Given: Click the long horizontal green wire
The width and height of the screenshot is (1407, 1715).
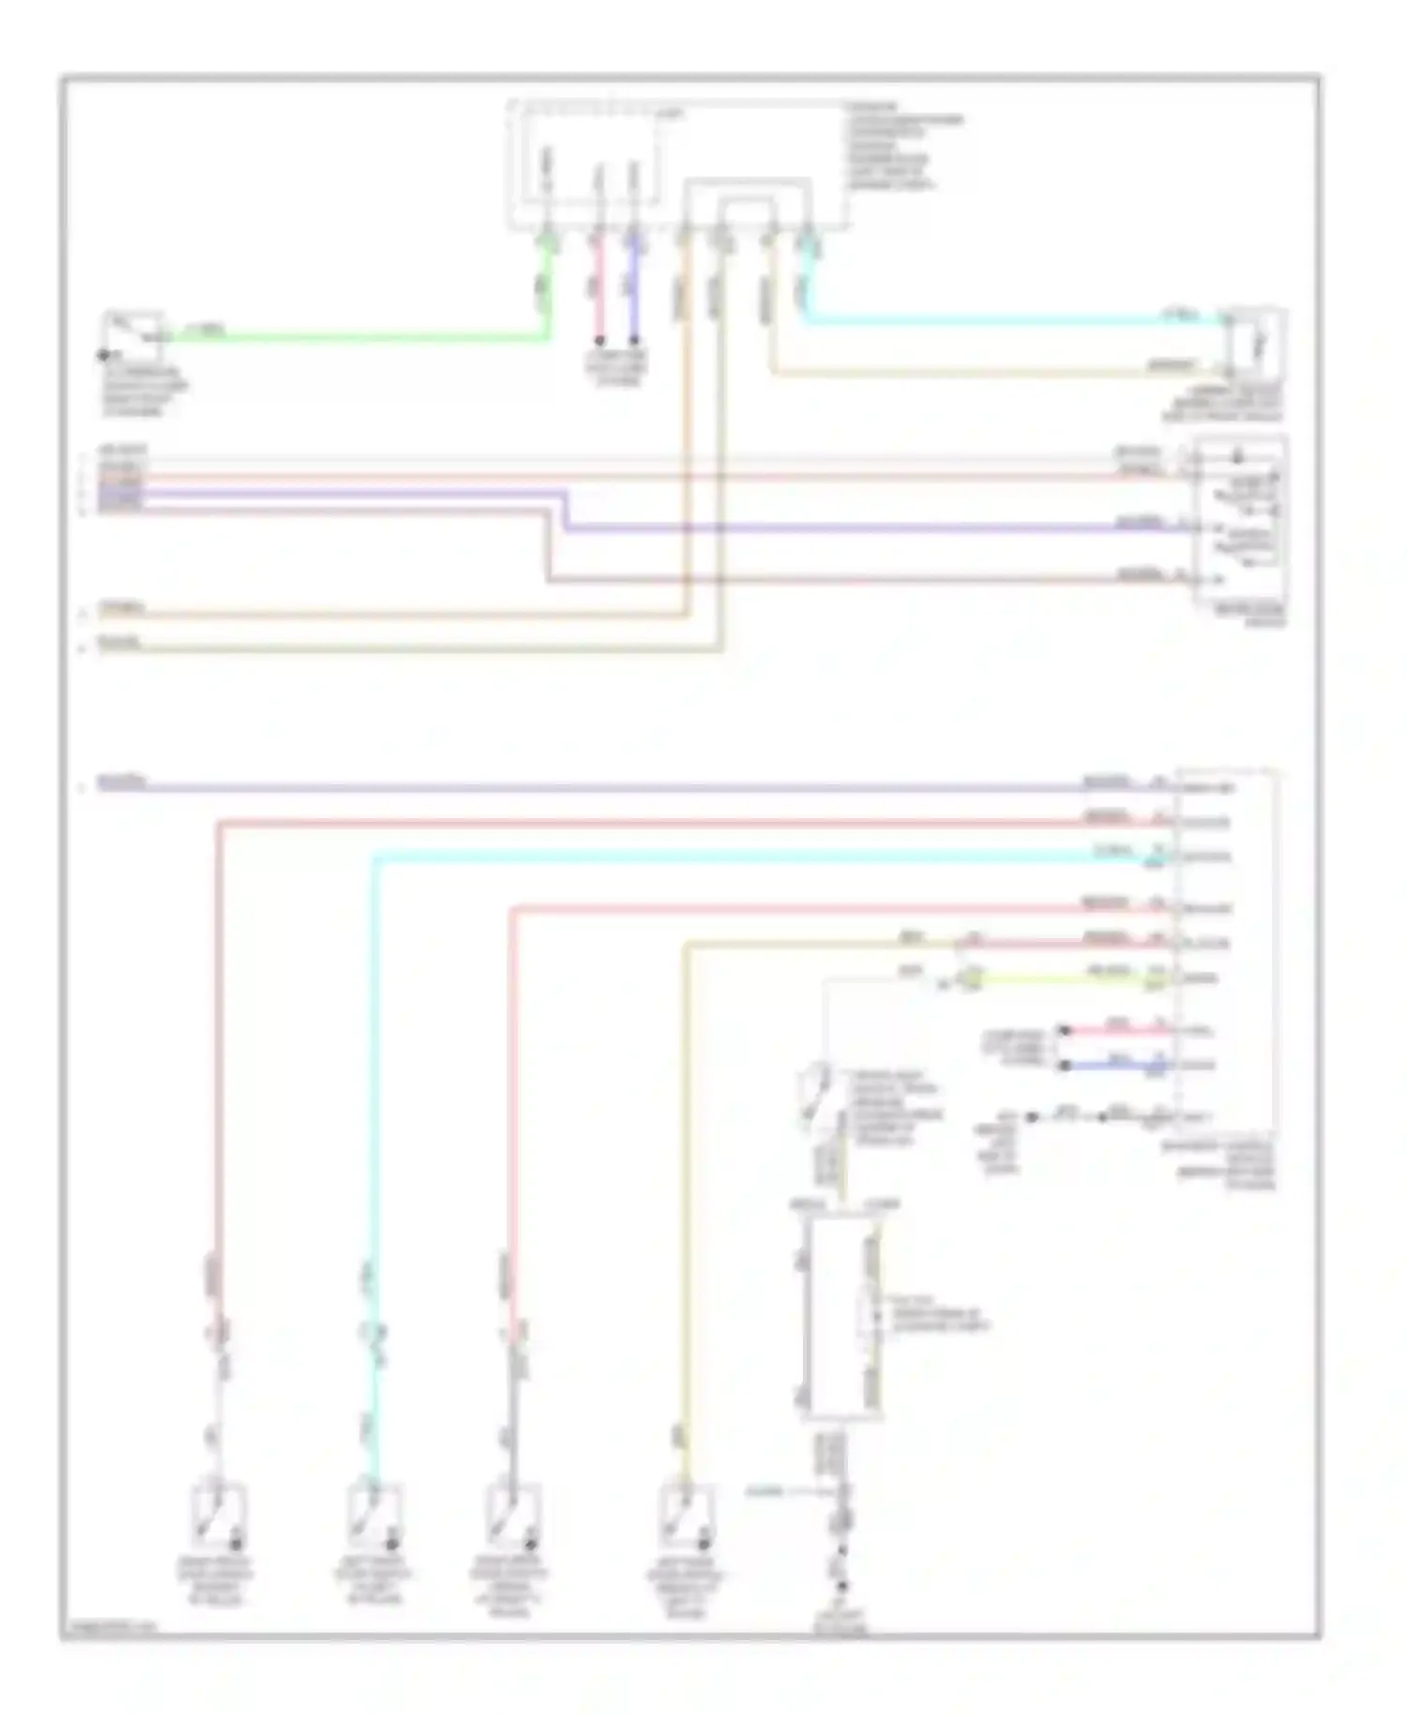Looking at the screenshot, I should point(356,337).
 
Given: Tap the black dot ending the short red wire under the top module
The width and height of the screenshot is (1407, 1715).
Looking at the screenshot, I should point(599,341).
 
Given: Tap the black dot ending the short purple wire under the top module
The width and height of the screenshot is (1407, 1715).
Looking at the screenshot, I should point(634,341).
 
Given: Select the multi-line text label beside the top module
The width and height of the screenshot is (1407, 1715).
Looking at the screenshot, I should point(904,146).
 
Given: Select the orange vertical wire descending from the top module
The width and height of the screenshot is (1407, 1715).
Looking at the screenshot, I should point(687,422).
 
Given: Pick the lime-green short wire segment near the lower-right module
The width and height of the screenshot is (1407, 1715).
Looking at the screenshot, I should point(1060,979).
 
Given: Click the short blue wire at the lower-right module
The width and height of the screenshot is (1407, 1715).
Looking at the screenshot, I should point(1116,1066).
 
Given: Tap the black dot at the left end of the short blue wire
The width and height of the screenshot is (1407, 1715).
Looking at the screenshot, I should point(1064,1066).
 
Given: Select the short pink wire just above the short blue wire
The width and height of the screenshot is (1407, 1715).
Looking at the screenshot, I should point(1116,1030).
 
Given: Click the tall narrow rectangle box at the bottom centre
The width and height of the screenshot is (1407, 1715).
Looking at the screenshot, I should point(840,1314).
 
